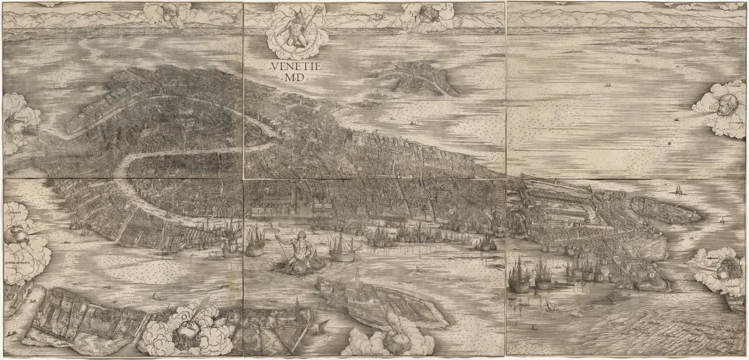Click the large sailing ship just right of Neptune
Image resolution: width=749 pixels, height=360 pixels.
pyautogui.click(x=343, y=248)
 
